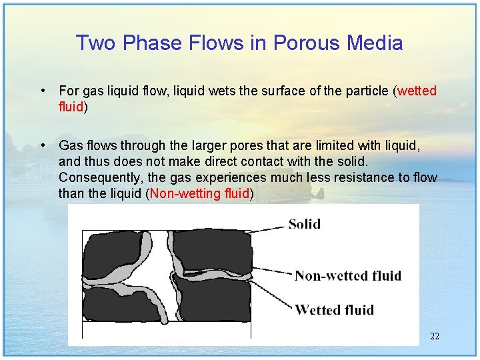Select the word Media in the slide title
point(375,43)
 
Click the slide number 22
point(435,336)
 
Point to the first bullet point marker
point(42,90)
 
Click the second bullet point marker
point(42,145)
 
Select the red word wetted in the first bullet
point(417,91)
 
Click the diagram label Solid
point(304,224)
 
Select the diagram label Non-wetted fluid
point(347,275)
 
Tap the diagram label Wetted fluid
point(334,309)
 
